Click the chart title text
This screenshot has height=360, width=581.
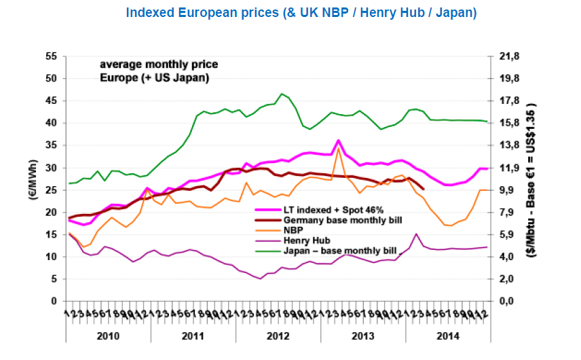click(301, 13)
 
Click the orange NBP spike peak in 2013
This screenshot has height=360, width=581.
click(338, 148)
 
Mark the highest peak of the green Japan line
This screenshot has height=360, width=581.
click(282, 94)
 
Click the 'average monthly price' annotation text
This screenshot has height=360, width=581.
click(159, 65)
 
